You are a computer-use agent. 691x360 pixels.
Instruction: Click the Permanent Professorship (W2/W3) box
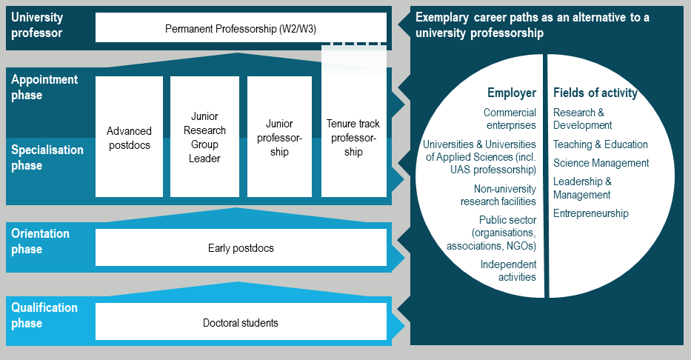pyautogui.click(x=241, y=28)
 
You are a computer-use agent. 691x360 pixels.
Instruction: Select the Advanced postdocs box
pyautogui.click(x=129, y=137)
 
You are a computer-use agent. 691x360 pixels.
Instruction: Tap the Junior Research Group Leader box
pyautogui.click(x=204, y=137)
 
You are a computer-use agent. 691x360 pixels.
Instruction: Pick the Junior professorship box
pyautogui.click(x=279, y=137)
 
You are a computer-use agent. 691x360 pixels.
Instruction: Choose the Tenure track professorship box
pyautogui.click(x=353, y=137)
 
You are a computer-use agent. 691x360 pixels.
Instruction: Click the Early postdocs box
pyautogui.click(x=241, y=247)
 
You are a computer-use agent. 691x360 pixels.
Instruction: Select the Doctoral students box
pyautogui.click(x=241, y=322)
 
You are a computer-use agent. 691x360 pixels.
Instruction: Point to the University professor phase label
pyautogui.click(x=37, y=24)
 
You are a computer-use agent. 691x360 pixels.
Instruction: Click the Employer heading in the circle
pyautogui.click(x=511, y=93)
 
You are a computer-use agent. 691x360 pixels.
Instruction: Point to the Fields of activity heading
pyautogui.click(x=595, y=93)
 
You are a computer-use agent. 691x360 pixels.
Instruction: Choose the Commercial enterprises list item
pyautogui.click(x=510, y=119)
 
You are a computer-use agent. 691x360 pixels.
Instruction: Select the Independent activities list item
pyautogui.click(x=508, y=270)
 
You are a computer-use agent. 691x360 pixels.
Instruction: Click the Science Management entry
pyautogui.click(x=601, y=163)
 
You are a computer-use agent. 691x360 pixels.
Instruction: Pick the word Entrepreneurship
pyautogui.click(x=590, y=213)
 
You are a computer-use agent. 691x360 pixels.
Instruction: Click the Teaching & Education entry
pyautogui.click(x=600, y=144)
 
